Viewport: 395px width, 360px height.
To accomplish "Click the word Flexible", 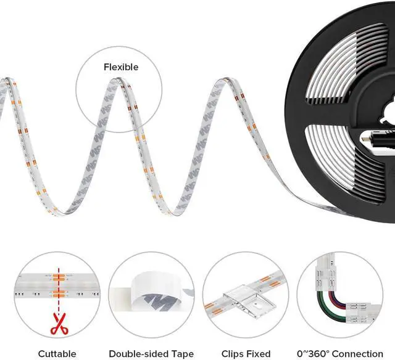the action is pyautogui.click(x=121, y=67).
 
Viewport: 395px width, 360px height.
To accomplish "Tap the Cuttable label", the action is pyautogui.click(x=57, y=354).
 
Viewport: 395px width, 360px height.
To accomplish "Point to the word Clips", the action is pyautogui.click(x=232, y=354).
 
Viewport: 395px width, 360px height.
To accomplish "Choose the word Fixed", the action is pyautogui.click(x=259, y=354).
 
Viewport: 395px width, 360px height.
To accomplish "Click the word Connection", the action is pyautogui.click(x=358, y=354).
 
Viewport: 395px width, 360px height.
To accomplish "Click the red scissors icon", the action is pyautogui.click(x=59, y=324).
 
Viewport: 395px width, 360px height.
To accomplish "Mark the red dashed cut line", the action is pyautogui.click(x=59, y=291).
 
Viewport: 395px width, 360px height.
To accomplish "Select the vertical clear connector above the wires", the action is pyautogui.click(x=325, y=274).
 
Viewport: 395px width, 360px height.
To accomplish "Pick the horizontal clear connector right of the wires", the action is pyautogui.click(x=362, y=314).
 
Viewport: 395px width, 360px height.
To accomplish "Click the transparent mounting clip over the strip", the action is pyautogui.click(x=249, y=301).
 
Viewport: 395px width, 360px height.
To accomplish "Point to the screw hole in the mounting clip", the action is pyautogui.click(x=257, y=305).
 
